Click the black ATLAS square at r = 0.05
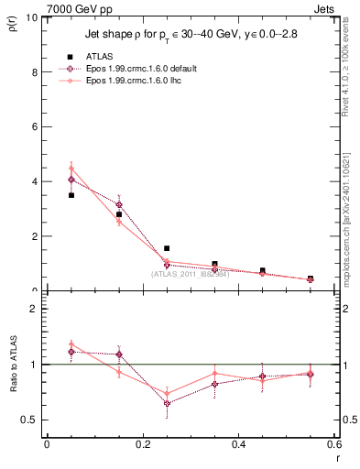point(71,195)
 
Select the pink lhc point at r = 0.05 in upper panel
point(71,169)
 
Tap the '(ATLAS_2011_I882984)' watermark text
point(190,274)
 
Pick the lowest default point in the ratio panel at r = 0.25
point(167,403)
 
